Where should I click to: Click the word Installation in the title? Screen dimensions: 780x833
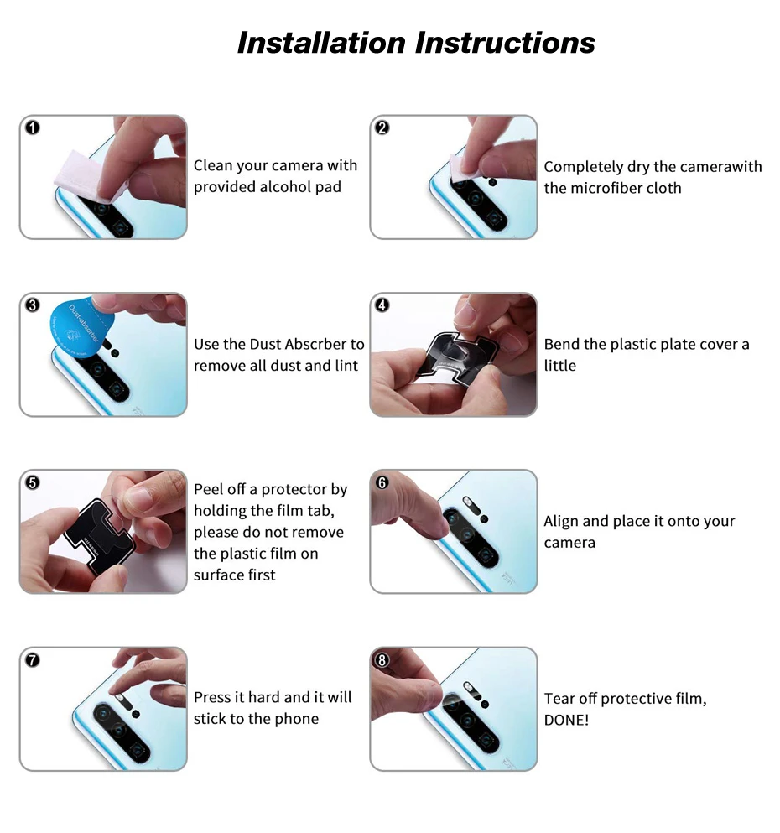pyautogui.click(x=321, y=43)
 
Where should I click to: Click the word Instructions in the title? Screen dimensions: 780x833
pyautogui.click(x=505, y=43)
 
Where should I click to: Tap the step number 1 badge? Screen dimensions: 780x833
pyautogui.click(x=33, y=128)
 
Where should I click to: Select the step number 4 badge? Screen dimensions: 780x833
pyautogui.click(x=382, y=305)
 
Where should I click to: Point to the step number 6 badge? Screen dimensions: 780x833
pyautogui.click(x=382, y=483)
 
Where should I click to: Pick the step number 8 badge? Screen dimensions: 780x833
pyautogui.click(x=382, y=660)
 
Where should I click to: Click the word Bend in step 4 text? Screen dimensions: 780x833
pyautogui.click(x=561, y=344)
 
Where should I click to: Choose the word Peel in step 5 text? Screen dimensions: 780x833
pyautogui.click(x=207, y=489)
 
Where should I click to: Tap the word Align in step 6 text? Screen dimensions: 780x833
pyautogui.click(x=561, y=521)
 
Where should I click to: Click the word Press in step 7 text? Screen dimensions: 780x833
pyautogui.click(x=211, y=697)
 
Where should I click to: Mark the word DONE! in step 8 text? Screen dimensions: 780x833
pyautogui.click(x=567, y=721)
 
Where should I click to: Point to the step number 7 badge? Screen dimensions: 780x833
pyautogui.click(x=33, y=660)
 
